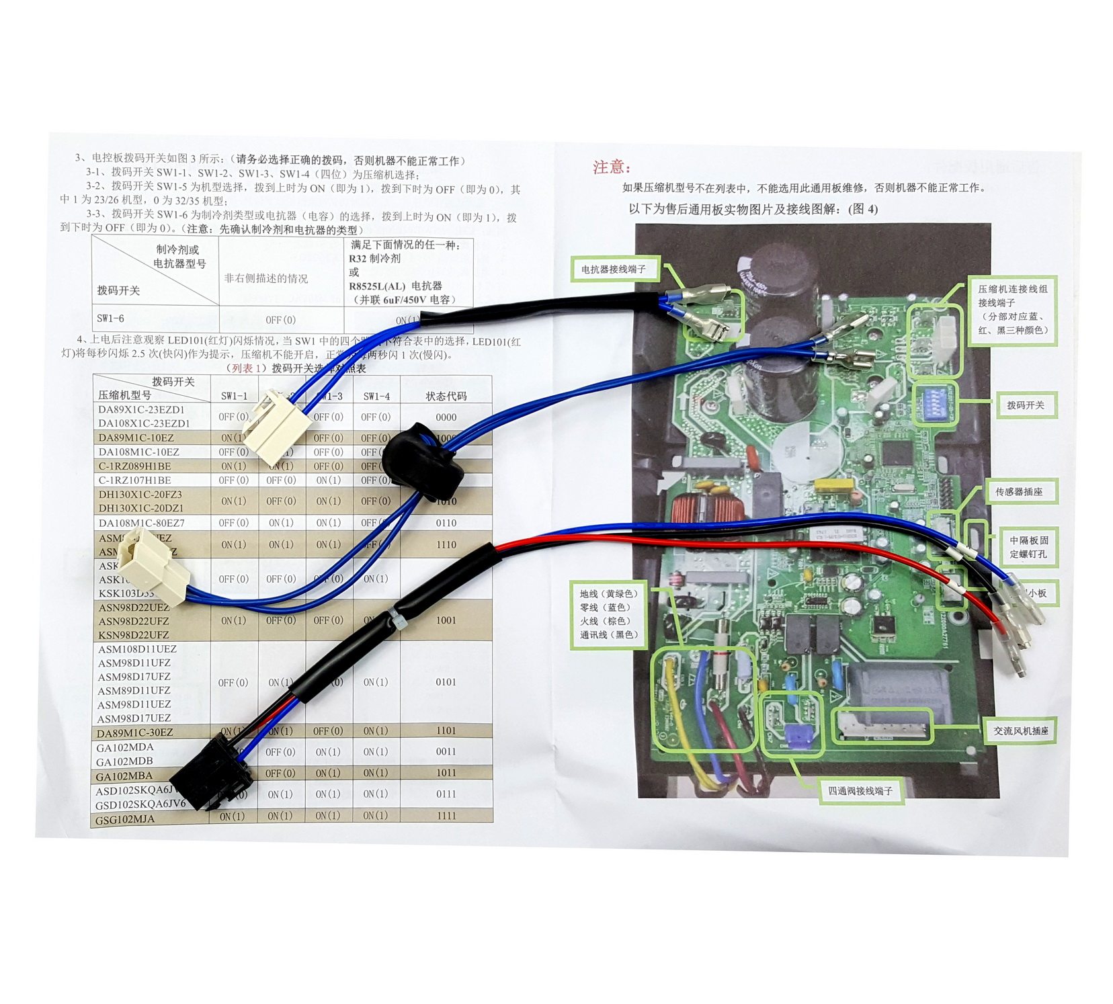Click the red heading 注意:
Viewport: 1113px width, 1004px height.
611,167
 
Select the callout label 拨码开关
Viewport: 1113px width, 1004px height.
1025,405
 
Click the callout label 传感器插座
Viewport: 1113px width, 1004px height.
1019,492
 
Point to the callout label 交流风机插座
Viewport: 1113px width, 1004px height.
1021,730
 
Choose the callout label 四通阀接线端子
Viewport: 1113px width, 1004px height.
860,791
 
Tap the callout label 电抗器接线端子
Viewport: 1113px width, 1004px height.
613,269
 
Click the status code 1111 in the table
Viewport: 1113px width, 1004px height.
446,816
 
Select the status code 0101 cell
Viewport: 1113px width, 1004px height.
446,682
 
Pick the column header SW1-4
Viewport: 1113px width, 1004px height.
376,396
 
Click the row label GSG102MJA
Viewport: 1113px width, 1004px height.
125,819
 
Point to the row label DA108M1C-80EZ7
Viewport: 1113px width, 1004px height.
141,523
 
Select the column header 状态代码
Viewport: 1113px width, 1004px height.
446,396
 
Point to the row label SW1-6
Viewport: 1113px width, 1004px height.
111,319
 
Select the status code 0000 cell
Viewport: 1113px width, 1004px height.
446,417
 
